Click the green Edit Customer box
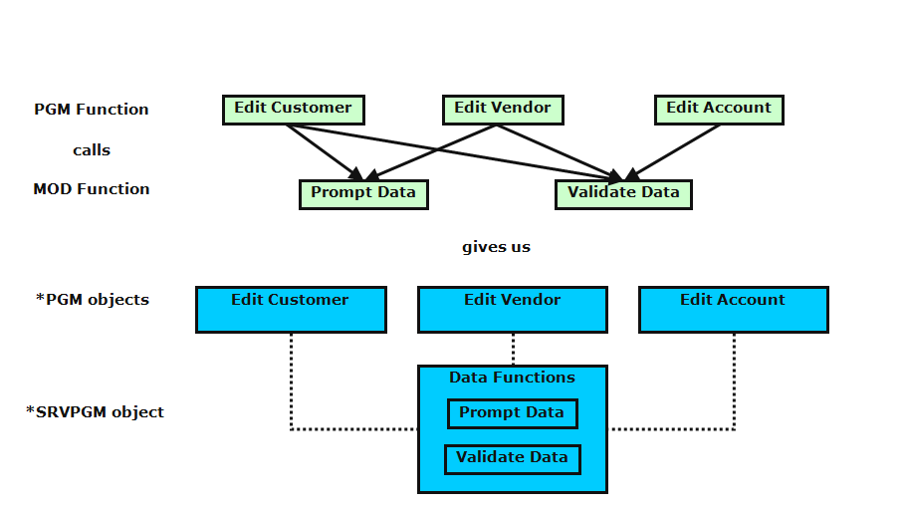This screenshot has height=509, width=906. (x=293, y=110)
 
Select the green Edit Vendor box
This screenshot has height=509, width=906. (x=503, y=110)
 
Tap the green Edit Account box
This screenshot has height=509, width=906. (x=719, y=110)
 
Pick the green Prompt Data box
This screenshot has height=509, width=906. (x=363, y=194)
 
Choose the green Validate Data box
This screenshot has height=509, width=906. (x=623, y=194)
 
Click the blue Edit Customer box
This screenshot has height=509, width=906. (x=291, y=310)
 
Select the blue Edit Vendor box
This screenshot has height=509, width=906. (x=513, y=310)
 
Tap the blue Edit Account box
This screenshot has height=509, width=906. (x=733, y=310)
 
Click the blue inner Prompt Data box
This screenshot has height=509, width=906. (x=512, y=413)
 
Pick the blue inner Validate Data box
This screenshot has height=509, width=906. (x=512, y=459)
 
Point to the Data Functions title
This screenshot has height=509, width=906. (x=512, y=378)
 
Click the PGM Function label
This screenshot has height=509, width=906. (x=92, y=110)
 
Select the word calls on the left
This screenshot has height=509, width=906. (x=92, y=150)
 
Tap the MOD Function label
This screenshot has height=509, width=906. (x=92, y=189)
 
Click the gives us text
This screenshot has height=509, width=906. (x=496, y=247)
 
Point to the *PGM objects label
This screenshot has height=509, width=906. (x=93, y=300)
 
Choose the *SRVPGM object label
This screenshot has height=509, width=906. (x=95, y=411)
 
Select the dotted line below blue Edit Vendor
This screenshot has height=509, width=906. (x=513, y=349)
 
